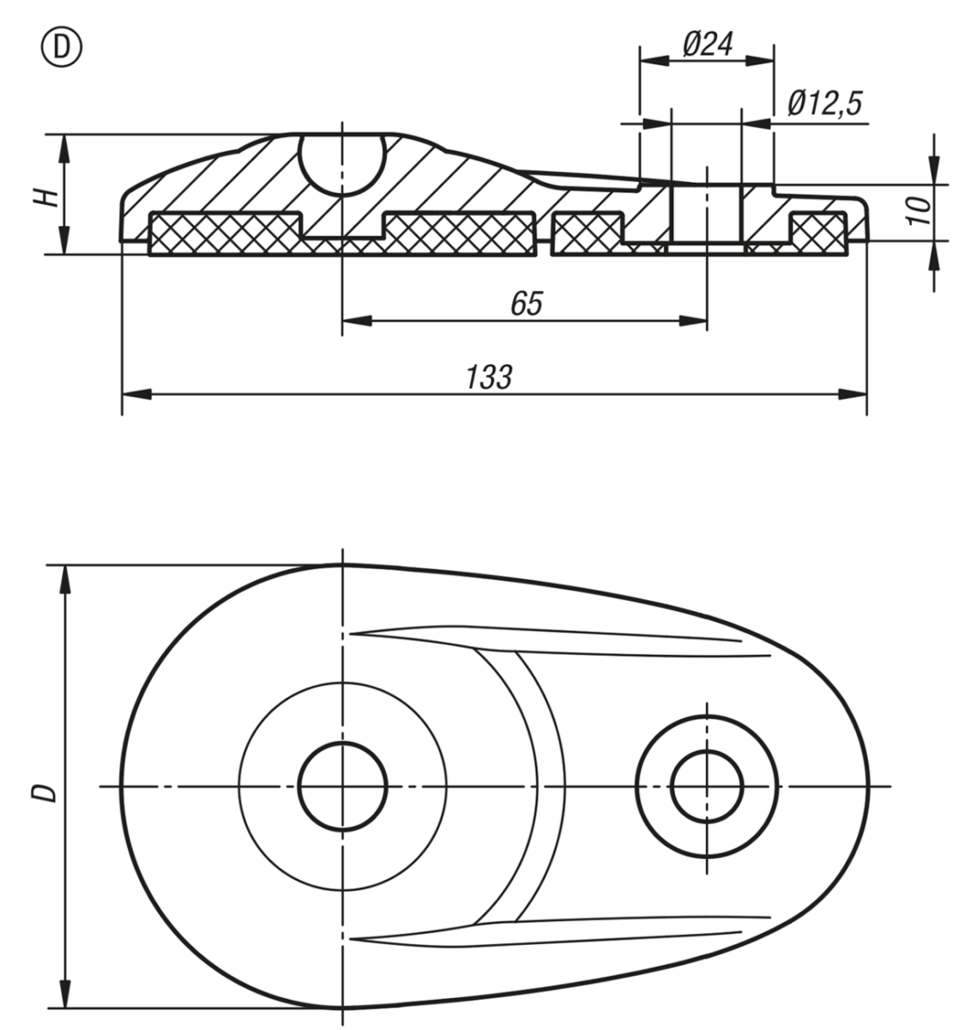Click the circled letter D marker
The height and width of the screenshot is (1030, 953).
tap(62, 48)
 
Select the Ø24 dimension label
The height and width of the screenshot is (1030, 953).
tap(709, 44)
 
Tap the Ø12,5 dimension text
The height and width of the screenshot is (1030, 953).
tap(825, 103)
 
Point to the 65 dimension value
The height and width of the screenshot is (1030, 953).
tap(527, 303)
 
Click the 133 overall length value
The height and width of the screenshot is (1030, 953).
tap(489, 377)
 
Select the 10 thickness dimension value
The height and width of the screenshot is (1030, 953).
tap(920, 210)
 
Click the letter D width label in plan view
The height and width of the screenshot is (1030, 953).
tap(44, 792)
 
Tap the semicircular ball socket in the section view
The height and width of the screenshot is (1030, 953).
tap(342, 166)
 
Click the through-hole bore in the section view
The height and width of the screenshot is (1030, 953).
tap(707, 215)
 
